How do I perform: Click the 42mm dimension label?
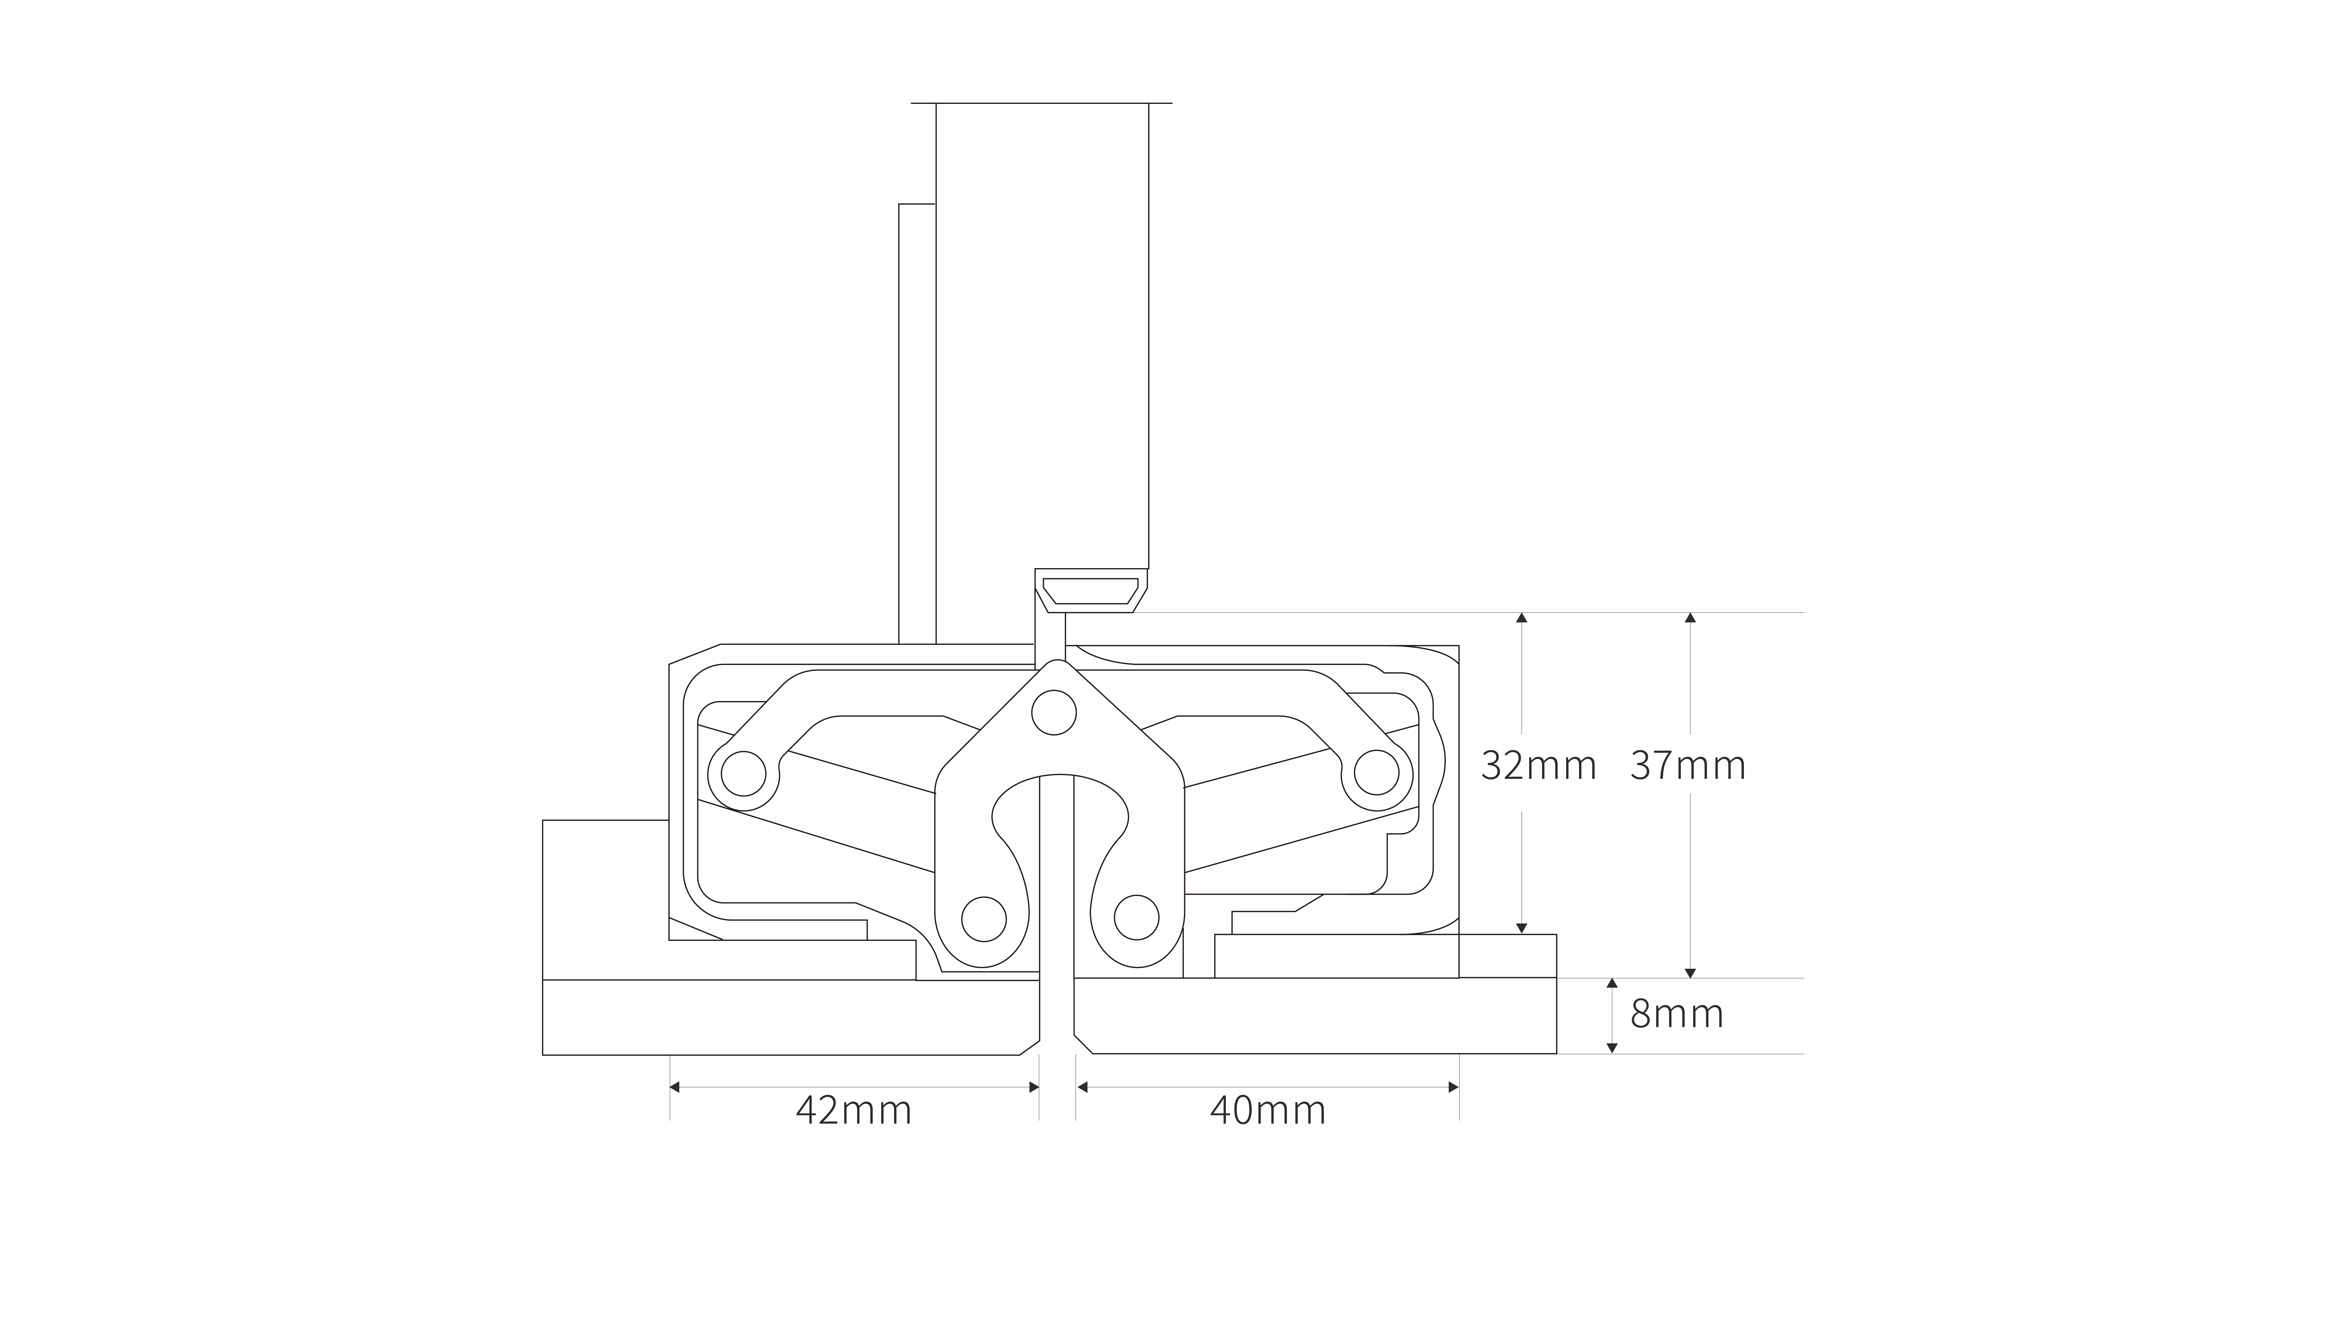click(854, 1110)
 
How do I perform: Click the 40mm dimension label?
click(1267, 1110)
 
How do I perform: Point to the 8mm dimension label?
click(1676, 1014)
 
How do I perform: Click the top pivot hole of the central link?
click(1053, 713)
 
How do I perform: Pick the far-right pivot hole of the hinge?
click(1376, 774)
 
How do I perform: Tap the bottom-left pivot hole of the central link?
click(984, 918)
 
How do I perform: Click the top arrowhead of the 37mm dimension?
click(1690, 618)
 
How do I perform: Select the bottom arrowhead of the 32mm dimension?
click(1521, 928)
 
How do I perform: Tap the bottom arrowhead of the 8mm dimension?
click(1612, 1048)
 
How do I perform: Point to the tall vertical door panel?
click(1042, 335)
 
